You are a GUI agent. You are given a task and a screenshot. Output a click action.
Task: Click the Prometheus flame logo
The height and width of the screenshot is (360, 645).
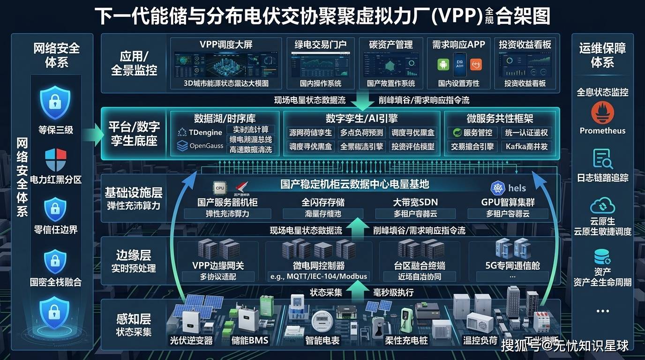tap(602, 113)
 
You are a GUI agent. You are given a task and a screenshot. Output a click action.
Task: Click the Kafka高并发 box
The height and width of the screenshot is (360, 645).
tap(526, 147)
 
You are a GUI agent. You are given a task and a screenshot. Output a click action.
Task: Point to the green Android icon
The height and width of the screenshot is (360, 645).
tap(443, 64)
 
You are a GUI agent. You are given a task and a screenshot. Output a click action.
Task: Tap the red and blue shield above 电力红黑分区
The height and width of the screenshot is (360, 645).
tap(55, 160)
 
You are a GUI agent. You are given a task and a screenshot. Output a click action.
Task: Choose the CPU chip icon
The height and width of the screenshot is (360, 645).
tap(219, 188)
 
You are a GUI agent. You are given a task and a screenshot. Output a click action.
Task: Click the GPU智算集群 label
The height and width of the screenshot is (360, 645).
tap(508, 202)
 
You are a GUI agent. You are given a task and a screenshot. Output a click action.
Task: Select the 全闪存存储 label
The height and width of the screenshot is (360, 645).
tap(323, 202)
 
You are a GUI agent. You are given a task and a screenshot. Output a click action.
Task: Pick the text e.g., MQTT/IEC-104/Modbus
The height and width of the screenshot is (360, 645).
tap(319, 276)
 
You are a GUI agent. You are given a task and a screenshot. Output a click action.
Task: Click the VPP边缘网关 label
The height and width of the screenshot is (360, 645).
tap(218, 265)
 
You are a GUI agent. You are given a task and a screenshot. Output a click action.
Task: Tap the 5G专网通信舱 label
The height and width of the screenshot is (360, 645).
tap(512, 266)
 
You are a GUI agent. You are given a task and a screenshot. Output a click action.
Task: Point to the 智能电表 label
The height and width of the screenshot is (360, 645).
tap(322, 340)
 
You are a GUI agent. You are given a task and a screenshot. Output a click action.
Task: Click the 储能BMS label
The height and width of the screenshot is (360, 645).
tap(250, 340)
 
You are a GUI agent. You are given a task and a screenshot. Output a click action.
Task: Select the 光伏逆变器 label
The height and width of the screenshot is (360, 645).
tap(191, 340)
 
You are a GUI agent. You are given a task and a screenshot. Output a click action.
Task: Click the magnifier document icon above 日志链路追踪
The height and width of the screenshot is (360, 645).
tap(602, 159)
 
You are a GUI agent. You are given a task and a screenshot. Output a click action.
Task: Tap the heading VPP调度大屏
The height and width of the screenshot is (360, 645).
tap(226, 45)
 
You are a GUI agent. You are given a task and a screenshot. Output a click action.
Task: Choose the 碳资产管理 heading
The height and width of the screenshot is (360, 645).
tap(391, 45)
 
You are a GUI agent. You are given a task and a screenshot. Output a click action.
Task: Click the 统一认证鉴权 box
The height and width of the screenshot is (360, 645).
tap(526, 133)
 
